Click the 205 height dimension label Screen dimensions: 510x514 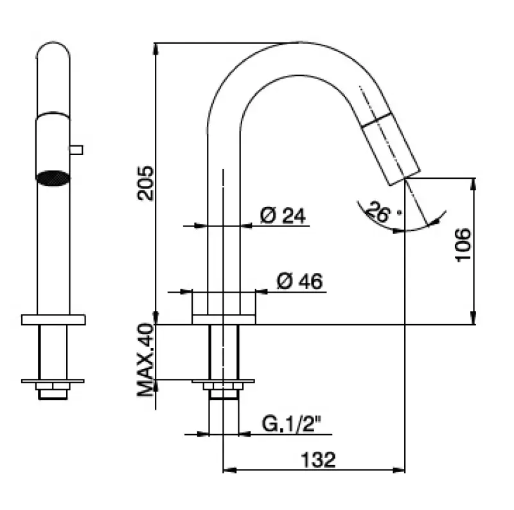(x=146, y=183)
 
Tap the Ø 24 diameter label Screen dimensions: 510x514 (x=282, y=216)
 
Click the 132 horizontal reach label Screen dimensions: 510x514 (x=317, y=459)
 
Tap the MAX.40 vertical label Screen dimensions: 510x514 (x=146, y=360)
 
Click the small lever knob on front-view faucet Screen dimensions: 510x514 (x=76, y=150)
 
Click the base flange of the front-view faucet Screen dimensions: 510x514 (x=53, y=320)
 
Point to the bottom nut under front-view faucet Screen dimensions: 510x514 (x=53, y=390)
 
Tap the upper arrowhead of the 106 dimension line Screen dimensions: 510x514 (x=474, y=183)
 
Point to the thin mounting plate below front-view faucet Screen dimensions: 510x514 (x=53, y=381)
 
